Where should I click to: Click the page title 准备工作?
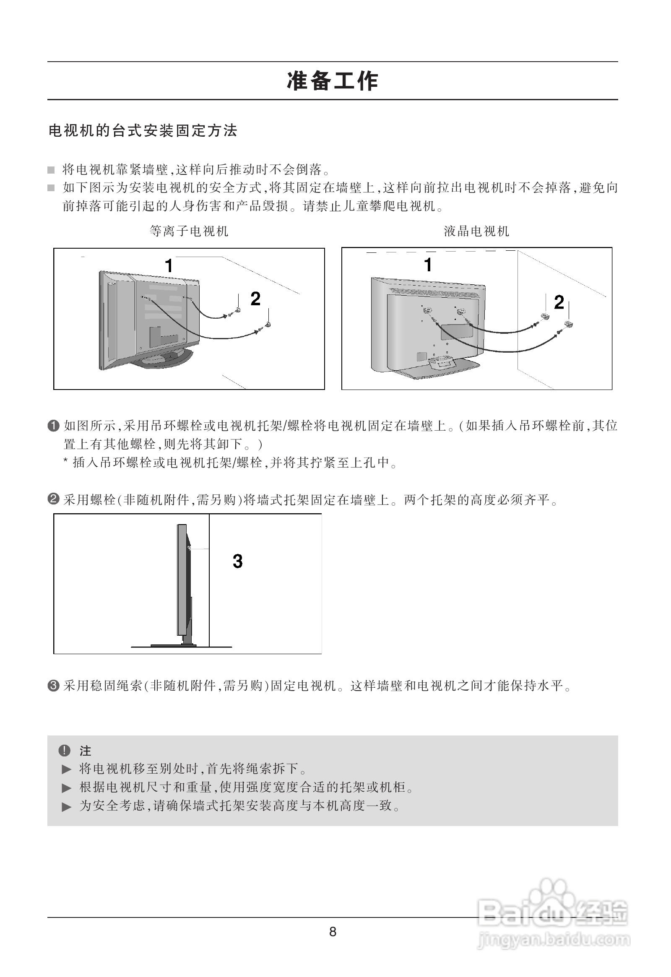(x=332, y=81)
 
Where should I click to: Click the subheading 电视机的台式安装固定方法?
(x=143, y=131)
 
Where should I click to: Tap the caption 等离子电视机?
(x=189, y=231)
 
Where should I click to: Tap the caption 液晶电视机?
(x=476, y=231)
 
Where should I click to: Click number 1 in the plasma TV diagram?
(x=169, y=266)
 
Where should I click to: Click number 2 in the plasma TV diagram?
(x=255, y=299)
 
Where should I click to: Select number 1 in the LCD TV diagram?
(x=428, y=265)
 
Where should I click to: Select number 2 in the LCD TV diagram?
(x=559, y=302)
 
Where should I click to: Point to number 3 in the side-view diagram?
(x=237, y=561)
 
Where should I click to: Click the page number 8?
(x=333, y=932)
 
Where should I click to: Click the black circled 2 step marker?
(x=53, y=500)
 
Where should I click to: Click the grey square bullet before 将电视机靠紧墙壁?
(x=51, y=170)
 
